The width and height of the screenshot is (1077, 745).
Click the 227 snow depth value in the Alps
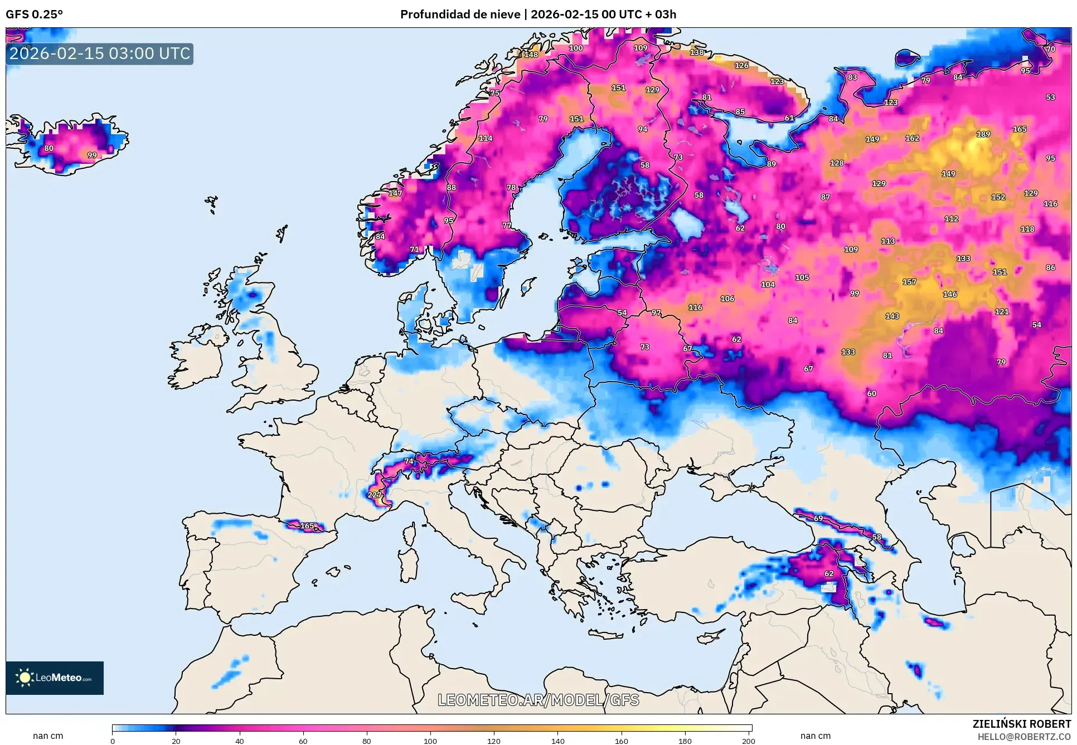(375, 495)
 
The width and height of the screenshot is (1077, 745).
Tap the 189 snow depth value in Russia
(983, 134)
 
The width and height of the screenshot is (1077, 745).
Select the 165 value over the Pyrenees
(307, 526)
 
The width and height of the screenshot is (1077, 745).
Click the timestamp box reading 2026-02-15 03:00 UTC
(100, 54)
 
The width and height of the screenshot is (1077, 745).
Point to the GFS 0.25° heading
(35, 14)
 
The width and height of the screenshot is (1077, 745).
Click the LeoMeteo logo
(55, 678)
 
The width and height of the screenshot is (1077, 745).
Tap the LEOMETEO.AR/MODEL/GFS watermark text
(538, 700)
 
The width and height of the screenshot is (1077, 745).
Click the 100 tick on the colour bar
(430, 741)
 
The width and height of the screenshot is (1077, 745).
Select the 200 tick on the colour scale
(749, 741)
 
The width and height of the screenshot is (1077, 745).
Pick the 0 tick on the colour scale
(113, 741)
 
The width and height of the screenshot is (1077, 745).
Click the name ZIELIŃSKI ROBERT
(1021, 724)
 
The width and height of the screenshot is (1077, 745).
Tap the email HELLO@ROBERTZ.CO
(1024, 737)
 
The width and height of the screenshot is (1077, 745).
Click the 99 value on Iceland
(92, 155)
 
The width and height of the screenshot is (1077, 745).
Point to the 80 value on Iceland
(49, 148)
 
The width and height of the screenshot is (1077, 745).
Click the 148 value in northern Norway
(531, 55)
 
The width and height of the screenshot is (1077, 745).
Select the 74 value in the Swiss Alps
(409, 461)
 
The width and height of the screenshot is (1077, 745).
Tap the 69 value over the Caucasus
(818, 518)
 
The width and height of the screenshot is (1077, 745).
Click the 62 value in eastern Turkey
(829, 574)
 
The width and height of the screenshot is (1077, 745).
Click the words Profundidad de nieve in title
(460, 14)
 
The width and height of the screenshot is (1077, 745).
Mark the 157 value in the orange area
(909, 282)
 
